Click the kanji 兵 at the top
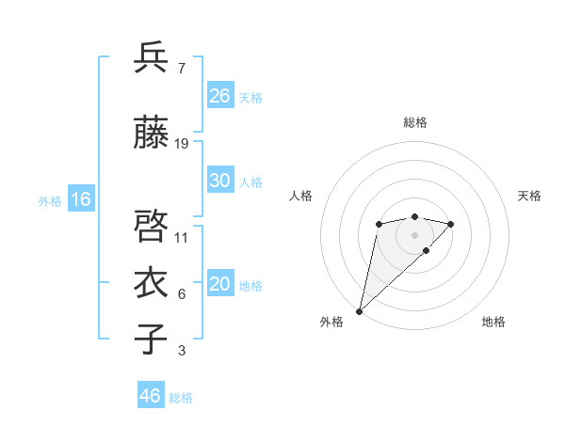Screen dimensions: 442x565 [152, 58]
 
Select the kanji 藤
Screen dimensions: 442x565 [152, 133]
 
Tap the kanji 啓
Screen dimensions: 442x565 [152, 227]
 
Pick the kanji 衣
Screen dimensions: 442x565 [152, 283]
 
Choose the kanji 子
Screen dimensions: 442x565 [152, 339]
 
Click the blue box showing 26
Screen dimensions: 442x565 [220, 96]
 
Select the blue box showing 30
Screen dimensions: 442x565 [220, 182]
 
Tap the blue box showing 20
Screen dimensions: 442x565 [220, 285]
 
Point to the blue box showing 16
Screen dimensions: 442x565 [81, 199]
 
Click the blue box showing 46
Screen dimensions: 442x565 [151, 396]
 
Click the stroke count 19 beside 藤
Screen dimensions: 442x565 [182, 144]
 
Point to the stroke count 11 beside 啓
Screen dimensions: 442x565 [182, 238]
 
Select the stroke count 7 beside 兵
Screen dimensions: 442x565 [181, 69]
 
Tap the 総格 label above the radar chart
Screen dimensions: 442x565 [415, 122]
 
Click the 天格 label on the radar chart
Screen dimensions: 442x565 [530, 196]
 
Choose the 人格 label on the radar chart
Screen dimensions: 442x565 [301, 196]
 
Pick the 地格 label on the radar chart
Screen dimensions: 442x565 [493, 322]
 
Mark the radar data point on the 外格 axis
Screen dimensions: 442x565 [359, 310]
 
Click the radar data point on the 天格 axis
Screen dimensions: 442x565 [451, 224]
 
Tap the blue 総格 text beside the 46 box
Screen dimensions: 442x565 [182, 398]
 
